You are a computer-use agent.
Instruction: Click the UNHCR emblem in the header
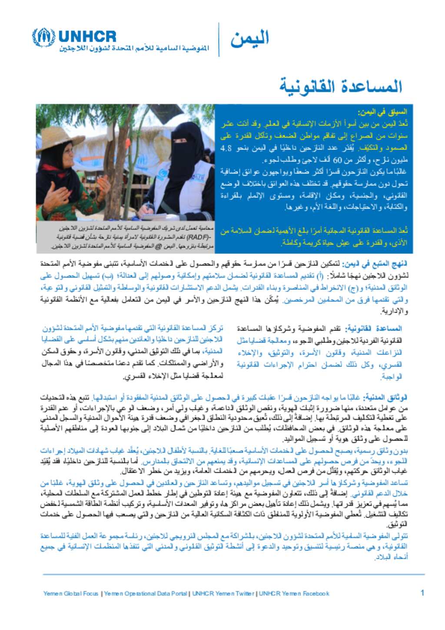[x=43, y=37]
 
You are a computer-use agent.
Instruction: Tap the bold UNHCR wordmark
[x=87, y=36]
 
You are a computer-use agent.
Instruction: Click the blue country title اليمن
[x=249, y=39]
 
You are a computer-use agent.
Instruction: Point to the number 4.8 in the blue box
[x=226, y=148]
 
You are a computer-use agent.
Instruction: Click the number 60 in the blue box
[x=338, y=160]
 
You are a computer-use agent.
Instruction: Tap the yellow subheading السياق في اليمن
[x=383, y=113]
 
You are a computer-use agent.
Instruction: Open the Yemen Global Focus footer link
[x=71, y=593]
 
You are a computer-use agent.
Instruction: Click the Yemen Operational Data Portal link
[x=146, y=593]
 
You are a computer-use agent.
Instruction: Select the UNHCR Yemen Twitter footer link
[x=223, y=593]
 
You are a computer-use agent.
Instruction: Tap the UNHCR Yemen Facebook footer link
[x=294, y=593]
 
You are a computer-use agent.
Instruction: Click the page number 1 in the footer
[x=422, y=593]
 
